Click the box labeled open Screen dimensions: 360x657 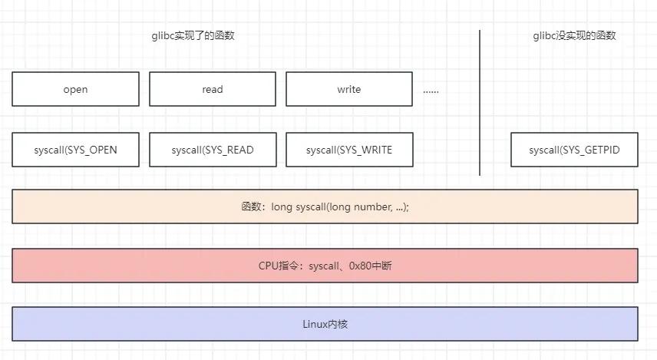(75, 89)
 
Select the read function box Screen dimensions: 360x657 (213, 89)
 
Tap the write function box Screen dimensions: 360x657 (349, 89)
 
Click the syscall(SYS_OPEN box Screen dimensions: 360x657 (75, 150)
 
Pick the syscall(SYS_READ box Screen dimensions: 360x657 (213, 150)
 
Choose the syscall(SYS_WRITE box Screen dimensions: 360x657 (349, 150)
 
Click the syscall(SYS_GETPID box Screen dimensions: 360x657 (574, 150)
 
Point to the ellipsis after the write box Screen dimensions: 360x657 (431, 91)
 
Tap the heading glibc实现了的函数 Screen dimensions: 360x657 (193, 35)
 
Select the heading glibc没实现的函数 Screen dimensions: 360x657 (574, 35)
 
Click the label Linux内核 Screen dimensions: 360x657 (325, 325)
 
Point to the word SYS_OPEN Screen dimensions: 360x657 (92, 150)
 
